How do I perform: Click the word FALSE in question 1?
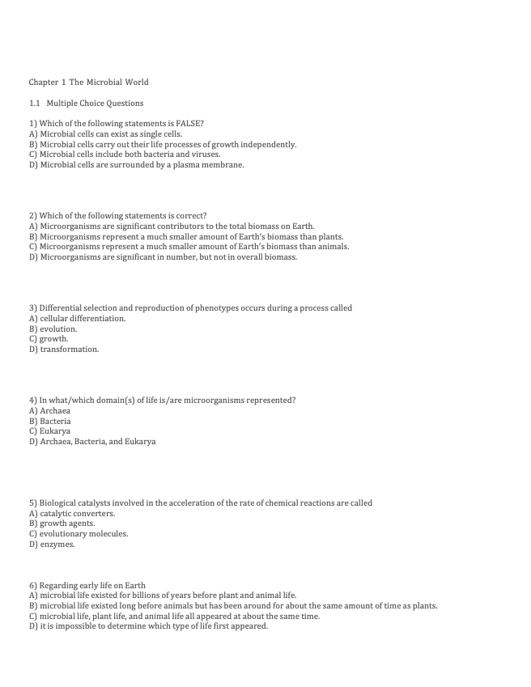[x=189, y=124]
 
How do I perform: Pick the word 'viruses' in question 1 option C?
[x=206, y=155]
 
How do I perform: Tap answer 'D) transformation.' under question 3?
[x=64, y=350]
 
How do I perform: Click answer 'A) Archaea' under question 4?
[x=49, y=411]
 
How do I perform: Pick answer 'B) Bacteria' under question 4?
[x=50, y=422]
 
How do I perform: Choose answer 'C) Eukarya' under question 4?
[x=49, y=431]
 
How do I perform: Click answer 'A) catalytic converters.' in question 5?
[x=72, y=514]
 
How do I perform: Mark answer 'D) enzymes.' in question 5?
[x=52, y=545]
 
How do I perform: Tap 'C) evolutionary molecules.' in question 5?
[x=79, y=534]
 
